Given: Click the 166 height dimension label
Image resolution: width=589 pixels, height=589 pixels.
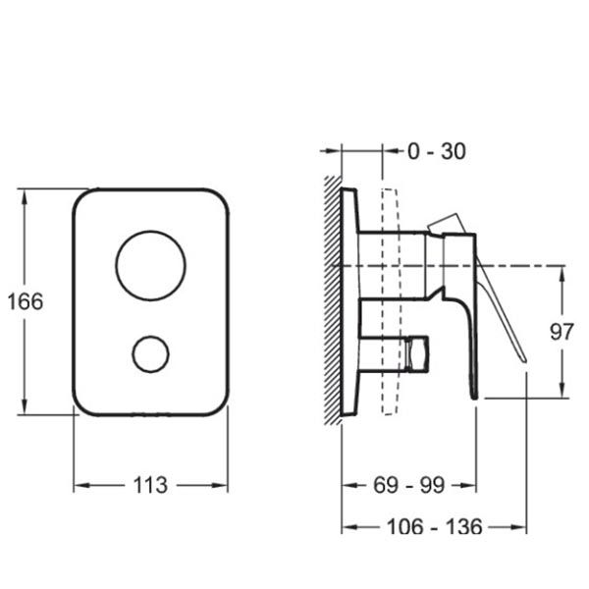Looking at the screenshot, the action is (26, 301).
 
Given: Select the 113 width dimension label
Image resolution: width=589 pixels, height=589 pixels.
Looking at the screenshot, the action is (150, 485).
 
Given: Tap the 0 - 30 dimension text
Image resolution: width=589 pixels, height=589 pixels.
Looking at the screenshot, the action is (437, 151).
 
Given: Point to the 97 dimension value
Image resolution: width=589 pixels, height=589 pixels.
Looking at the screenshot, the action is (562, 332).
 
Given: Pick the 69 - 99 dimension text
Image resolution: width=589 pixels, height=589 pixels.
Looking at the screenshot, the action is (409, 485).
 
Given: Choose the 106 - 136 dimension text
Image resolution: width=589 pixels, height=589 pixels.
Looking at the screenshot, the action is (434, 526).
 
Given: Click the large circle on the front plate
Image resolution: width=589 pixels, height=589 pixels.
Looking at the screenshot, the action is (150, 231).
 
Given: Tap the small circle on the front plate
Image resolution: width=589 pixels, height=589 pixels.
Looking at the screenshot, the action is (150, 336).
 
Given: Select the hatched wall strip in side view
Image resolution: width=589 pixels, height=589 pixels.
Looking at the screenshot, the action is (333, 299).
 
